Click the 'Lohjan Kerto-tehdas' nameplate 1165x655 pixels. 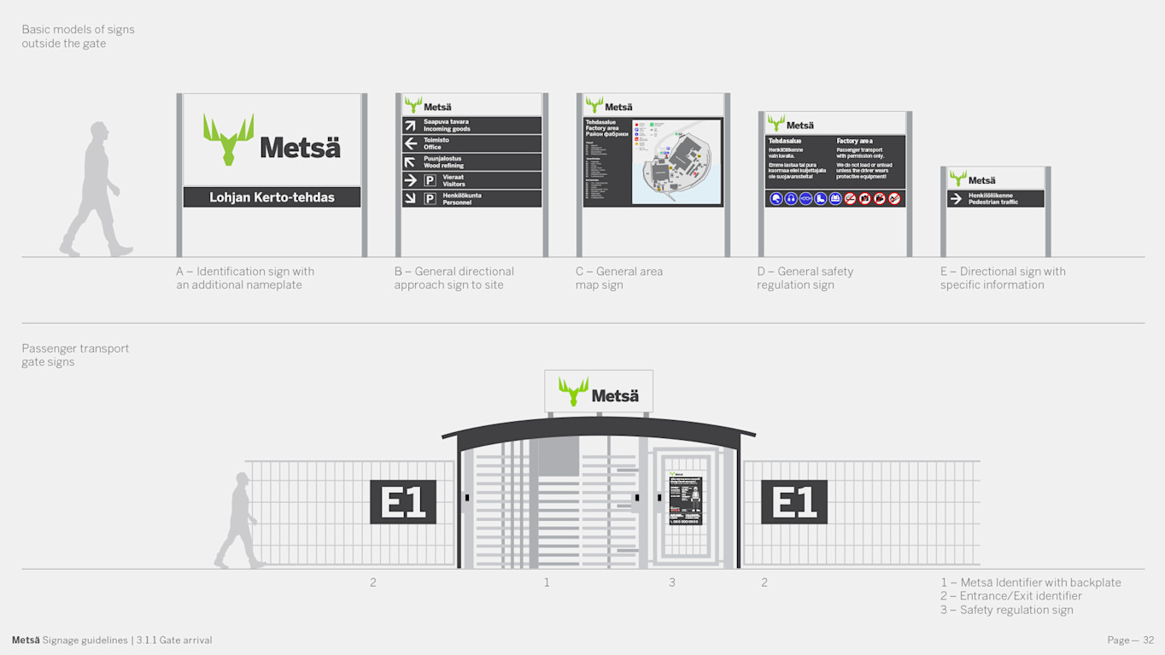point(272,197)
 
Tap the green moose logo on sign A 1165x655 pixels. point(228,139)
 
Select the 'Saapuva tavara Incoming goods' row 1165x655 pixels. point(471,126)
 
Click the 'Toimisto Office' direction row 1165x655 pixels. point(471,143)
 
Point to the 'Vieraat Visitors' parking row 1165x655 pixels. point(471,180)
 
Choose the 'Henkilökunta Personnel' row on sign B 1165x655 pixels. point(471,199)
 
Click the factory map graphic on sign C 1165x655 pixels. point(676,161)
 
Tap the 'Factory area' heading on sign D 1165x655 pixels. point(854,141)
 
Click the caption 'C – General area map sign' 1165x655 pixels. point(618,278)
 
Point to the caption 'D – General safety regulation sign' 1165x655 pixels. point(805,278)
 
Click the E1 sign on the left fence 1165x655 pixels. point(403,501)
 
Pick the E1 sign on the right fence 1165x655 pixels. point(794,501)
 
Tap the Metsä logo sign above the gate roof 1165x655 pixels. point(599,393)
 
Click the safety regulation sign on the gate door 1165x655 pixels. point(685,500)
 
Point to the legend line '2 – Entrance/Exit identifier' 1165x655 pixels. point(1010,596)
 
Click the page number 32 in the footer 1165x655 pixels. point(1148,640)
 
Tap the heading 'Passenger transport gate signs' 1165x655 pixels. point(75,355)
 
